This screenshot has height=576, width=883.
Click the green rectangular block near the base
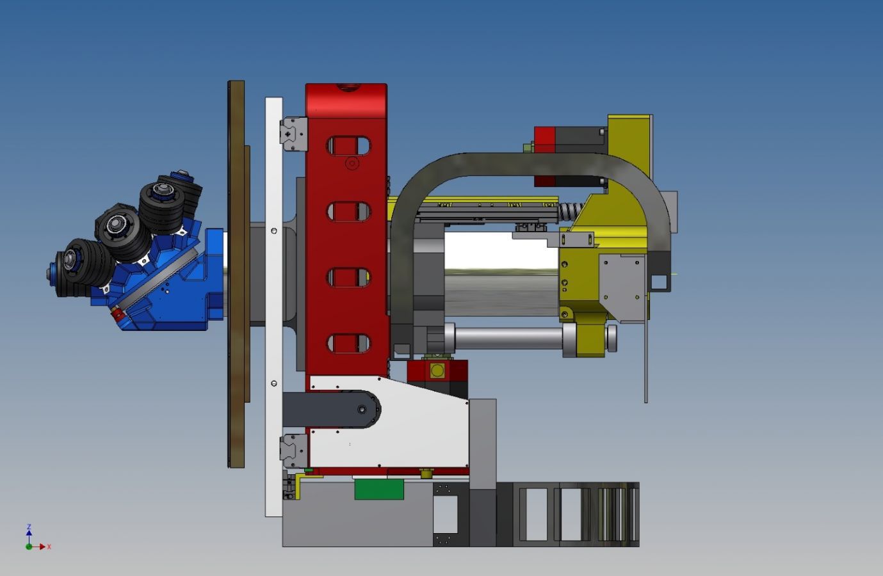[379, 489]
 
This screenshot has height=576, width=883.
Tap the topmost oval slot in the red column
[348, 146]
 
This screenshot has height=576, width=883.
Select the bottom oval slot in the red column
[348, 343]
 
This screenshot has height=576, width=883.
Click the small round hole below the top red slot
[352, 163]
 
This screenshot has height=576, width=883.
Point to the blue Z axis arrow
[29, 532]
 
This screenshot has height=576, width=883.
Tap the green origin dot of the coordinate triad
[29, 547]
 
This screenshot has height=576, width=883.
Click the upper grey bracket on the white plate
[294, 134]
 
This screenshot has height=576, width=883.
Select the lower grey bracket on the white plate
[294, 451]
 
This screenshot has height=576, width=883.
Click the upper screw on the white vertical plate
[274, 231]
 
